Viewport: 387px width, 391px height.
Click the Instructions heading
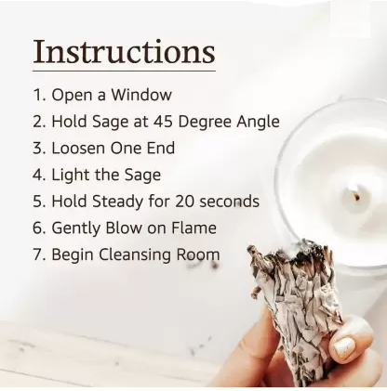(124, 51)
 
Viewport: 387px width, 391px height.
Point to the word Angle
(257, 122)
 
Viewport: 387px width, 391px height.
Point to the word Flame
(193, 228)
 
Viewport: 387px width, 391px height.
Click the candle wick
(354, 195)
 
